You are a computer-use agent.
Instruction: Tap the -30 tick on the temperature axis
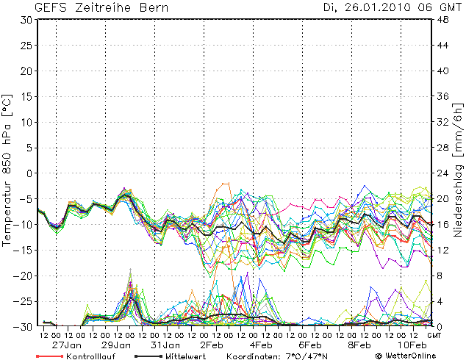point(24,326)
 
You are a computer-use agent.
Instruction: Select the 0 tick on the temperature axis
point(29,173)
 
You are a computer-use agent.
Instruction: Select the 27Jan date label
point(66,345)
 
